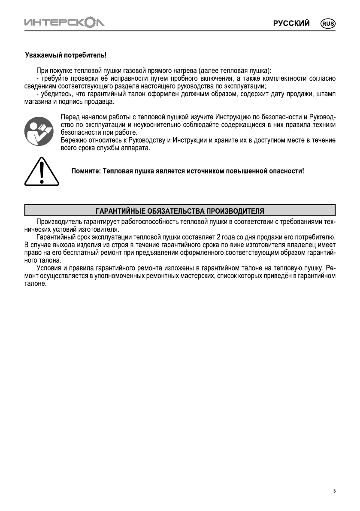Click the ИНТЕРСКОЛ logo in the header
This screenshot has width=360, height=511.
coord(64,22)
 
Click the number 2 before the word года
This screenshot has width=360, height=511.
coord(218,238)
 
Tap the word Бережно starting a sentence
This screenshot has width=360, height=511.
coord(73,140)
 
